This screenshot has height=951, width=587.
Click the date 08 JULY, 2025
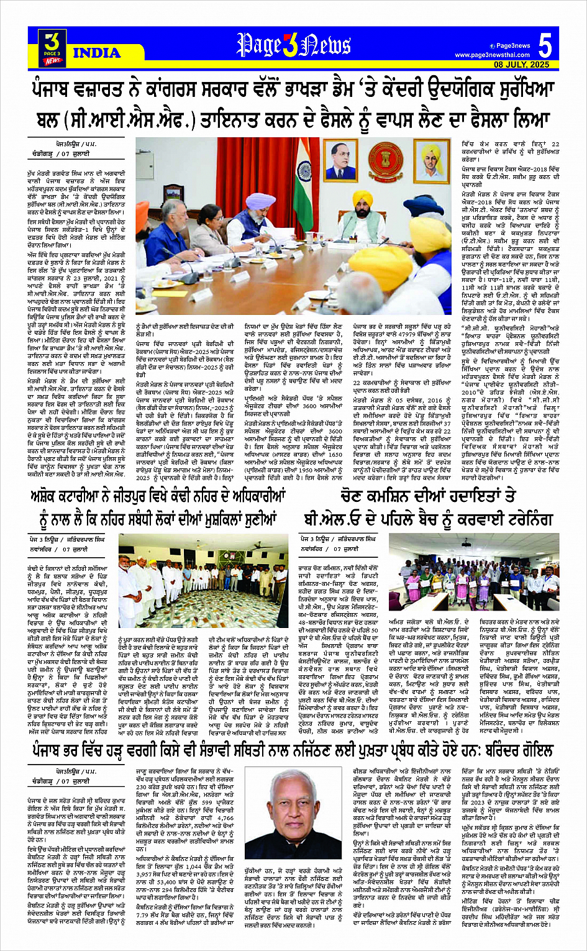point(522,65)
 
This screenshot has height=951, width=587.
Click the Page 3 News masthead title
point(294,45)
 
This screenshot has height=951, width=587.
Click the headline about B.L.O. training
point(429,509)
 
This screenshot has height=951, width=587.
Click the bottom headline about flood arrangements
point(293,751)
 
